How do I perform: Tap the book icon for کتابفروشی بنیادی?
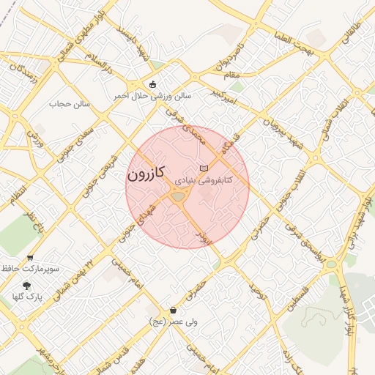pos(214,168)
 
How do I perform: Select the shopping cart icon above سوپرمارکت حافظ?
pos(30,257)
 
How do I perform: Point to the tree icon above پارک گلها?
pos(27,285)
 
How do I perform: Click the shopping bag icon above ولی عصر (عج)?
pos(173,310)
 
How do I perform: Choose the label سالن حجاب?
pos(69,104)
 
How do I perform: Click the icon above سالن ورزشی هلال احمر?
pos(152,83)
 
